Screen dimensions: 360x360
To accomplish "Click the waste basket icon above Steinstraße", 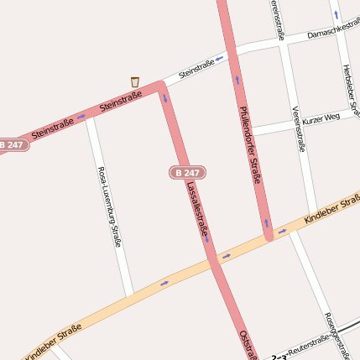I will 135,81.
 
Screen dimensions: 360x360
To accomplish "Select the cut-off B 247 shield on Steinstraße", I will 13,145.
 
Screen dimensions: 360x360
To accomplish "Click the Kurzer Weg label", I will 321,118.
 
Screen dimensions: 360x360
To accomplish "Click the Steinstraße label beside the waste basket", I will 121,102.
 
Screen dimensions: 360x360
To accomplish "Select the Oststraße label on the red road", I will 248,345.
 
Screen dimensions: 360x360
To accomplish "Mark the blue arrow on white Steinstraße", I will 220,59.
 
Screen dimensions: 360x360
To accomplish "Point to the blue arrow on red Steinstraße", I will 81,117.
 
